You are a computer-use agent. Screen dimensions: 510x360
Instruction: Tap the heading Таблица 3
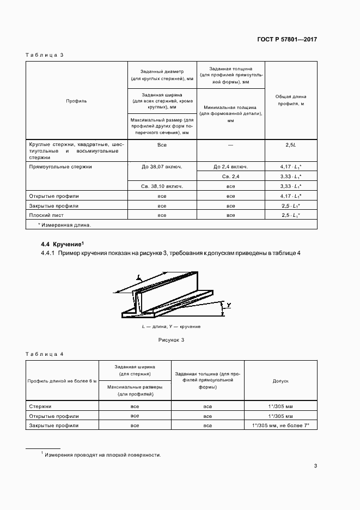[x=45, y=56]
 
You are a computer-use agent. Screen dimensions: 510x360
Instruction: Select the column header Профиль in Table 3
[x=76, y=101]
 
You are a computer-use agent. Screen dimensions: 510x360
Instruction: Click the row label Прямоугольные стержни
[x=60, y=167]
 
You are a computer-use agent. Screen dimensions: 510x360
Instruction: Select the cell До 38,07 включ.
[x=162, y=167]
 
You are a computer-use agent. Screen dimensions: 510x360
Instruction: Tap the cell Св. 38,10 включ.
[x=162, y=186]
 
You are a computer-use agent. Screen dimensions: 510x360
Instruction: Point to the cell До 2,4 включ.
[x=231, y=167]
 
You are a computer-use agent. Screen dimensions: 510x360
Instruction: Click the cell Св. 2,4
[x=231, y=177]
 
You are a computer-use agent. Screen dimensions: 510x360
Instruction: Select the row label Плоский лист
[x=50, y=216]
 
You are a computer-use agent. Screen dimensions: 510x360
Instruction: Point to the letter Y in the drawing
[x=230, y=306]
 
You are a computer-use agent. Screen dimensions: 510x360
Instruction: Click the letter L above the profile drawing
[x=139, y=278]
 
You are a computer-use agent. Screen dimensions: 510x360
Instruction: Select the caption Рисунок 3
[x=171, y=339]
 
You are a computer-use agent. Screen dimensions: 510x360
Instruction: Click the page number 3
[x=315, y=465]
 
